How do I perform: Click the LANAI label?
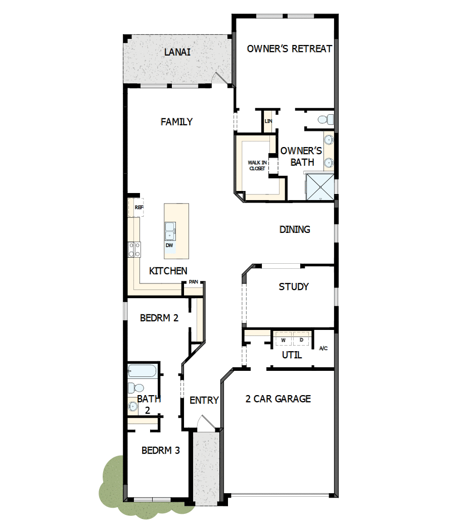(177, 52)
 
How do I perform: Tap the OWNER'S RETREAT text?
(289, 49)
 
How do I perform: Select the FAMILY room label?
(176, 122)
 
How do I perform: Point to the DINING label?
(295, 229)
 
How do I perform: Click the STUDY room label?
(294, 286)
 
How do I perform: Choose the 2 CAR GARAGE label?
(278, 399)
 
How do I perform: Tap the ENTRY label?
(204, 400)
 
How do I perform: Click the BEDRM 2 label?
(159, 318)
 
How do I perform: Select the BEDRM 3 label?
(161, 450)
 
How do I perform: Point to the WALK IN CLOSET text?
(256, 165)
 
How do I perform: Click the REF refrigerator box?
(138, 207)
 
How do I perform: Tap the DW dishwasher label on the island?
(169, 246)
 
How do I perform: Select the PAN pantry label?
(193, 282)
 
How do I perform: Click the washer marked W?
(283, 340)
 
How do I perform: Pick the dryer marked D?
(301, 340)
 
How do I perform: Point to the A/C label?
(323, 348)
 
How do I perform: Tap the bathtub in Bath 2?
(142, 371)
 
